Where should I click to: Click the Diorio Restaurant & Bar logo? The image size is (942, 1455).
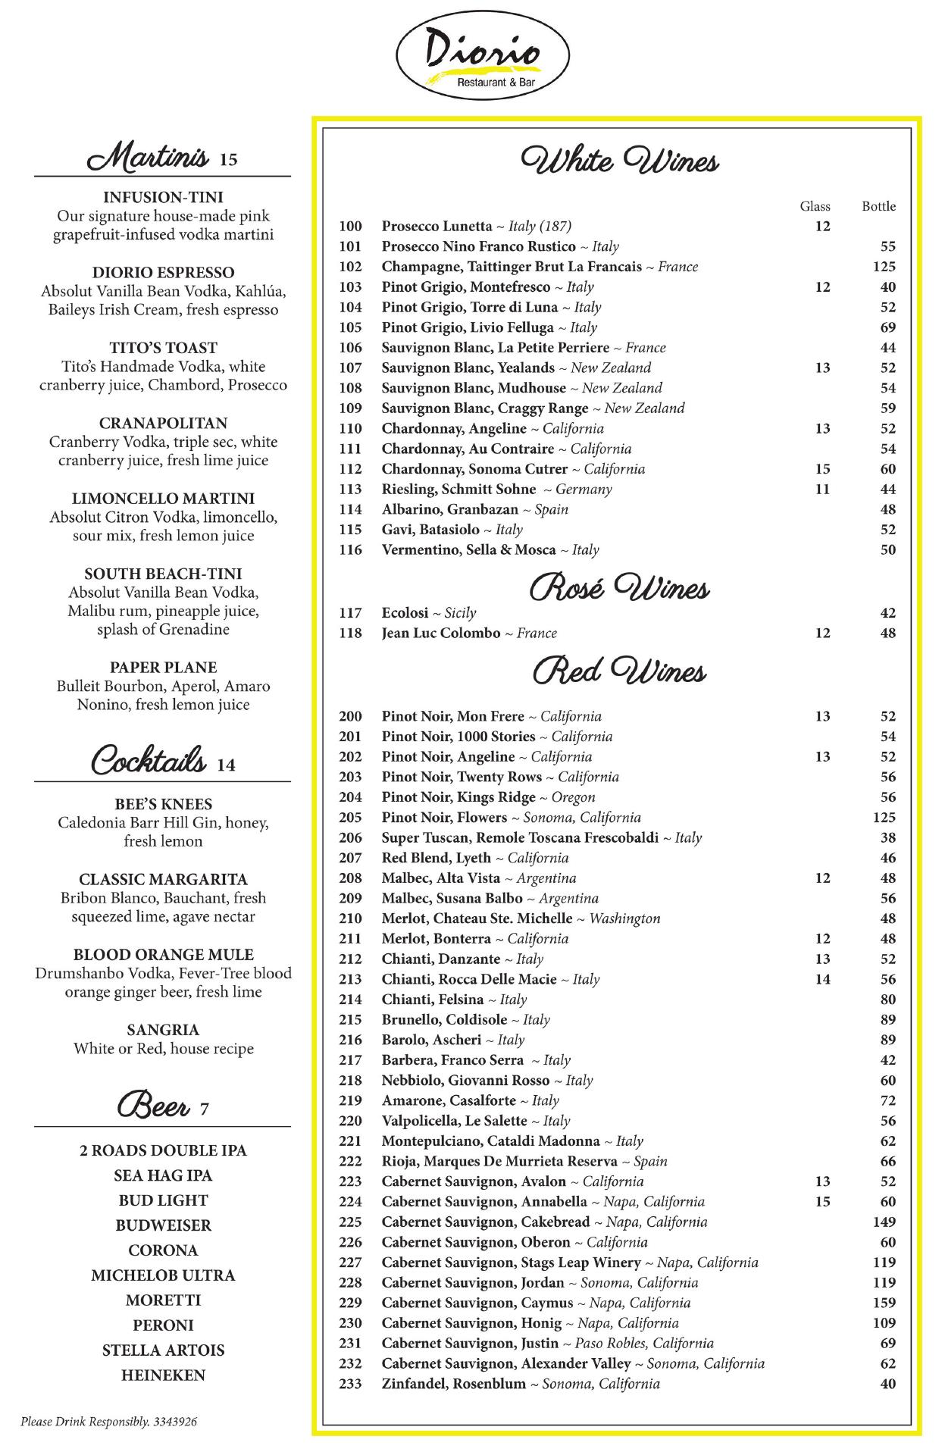point(483,58)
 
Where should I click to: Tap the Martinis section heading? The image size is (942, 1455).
point(148,157)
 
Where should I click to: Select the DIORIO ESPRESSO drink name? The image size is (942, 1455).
point(163,273)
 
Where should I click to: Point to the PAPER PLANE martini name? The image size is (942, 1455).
point(163,668)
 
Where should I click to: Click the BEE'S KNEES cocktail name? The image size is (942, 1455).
point(163,804)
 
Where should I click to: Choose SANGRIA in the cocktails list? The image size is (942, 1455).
point(163,1030)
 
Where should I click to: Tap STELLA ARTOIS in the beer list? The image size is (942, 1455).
point(163,1350)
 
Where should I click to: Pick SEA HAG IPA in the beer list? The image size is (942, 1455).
point(163,1175)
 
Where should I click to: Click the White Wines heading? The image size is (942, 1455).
point(619,161)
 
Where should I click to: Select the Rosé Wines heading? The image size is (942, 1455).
point(619,588)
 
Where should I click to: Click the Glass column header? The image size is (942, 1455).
point(815,206)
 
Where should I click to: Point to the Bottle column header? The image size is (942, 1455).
point(878,206)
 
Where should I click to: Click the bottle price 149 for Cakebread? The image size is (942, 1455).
point(884,1222)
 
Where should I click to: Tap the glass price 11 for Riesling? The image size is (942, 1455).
point(822,490)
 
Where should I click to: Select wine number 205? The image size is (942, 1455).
point(350,818)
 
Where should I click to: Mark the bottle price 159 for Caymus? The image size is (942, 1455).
point(884,1303)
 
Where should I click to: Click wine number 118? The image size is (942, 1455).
point(350,634)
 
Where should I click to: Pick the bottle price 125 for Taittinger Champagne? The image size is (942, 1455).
point(884,267)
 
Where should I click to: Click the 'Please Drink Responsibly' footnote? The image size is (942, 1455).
point(108,1422)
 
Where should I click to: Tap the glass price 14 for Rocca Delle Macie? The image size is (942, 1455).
point(822,979)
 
